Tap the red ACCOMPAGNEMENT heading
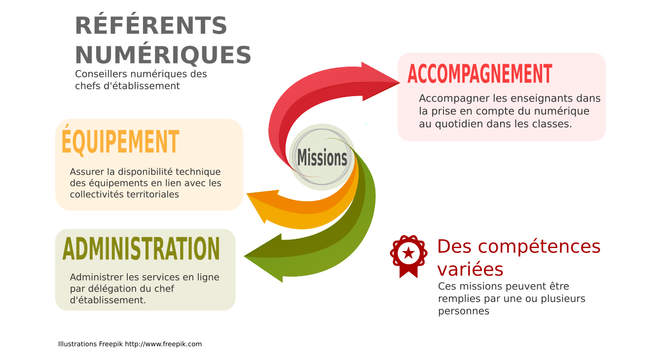pos(480,74)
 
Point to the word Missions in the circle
pos(322,158)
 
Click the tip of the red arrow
pos(399,83)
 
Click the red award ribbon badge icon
pos(409,256)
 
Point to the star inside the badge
pos(409,253)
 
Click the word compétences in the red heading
pos(539,247)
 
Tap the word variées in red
pos(470,269)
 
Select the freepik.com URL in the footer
pos(163,344)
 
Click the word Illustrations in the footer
pos(77,344)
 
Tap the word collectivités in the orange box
pos(97,194)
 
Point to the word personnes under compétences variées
pos(464,311)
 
